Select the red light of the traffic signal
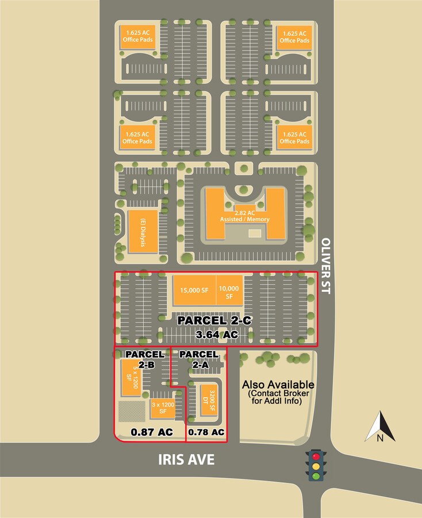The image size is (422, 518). click(315, 455)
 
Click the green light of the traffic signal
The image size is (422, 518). click(315, 475)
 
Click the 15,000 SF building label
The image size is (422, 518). click(194, 290)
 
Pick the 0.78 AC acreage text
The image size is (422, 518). click(206, 432)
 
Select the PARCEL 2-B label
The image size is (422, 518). click(145, 359)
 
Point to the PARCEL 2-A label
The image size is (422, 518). click(198, 359)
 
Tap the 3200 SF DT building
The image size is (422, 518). click(208, 399)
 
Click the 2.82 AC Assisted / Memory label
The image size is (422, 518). click(245, 216)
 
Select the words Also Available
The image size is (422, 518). click(278, 384)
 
